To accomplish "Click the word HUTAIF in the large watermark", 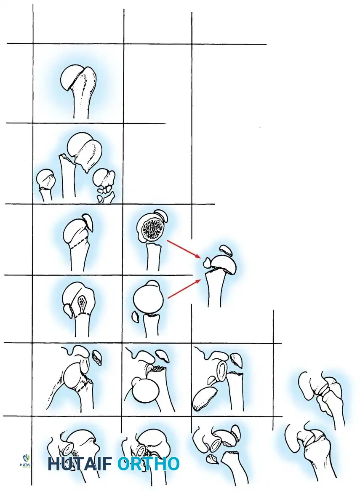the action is tap(80, 464).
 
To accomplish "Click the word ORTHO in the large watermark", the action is tap(149, 464).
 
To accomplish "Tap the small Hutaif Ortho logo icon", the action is tap(26, 461).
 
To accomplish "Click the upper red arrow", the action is tap(184, 249).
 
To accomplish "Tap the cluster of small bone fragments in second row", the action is tap(104, 192).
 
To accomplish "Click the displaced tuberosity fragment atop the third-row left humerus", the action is tap(88, 221).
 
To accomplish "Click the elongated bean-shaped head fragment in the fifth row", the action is tap(205, 398).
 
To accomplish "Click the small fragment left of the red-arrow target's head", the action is tap(207, 262).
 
